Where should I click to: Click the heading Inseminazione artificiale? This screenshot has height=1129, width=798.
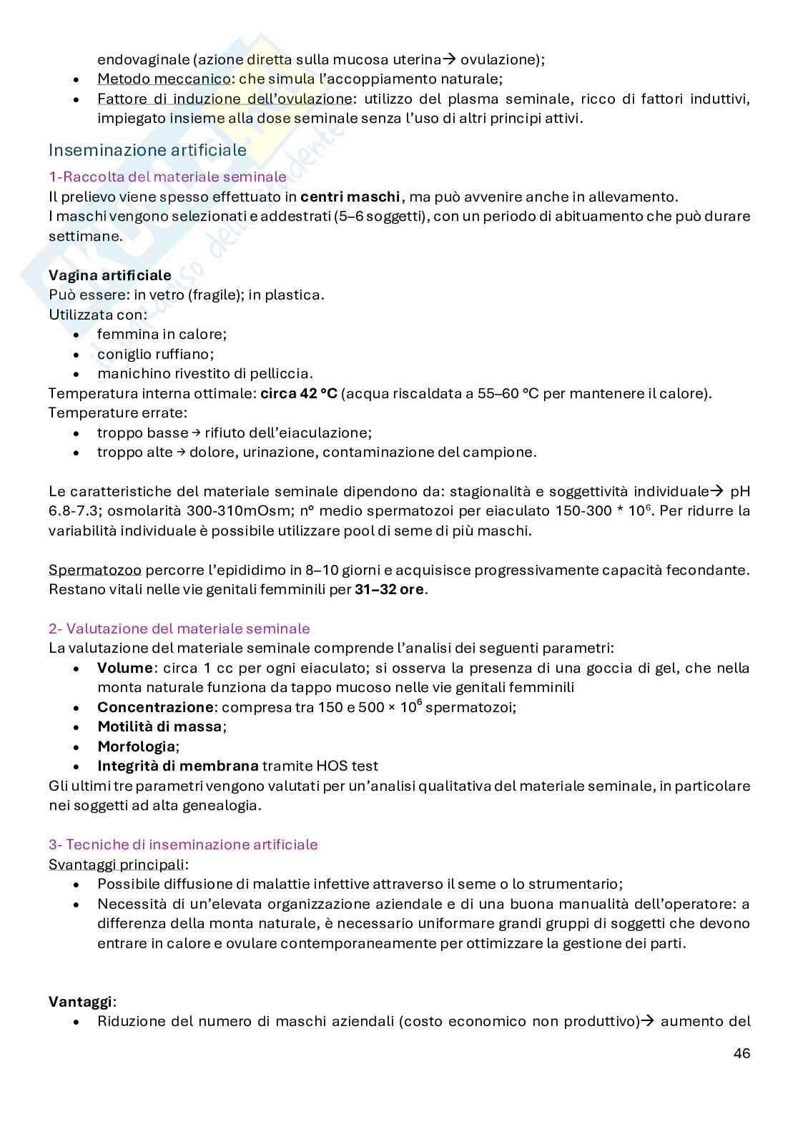tap(147, 150)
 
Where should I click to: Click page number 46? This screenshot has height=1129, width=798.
tap(742, 1053)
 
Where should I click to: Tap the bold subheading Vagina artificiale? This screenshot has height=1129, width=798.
tap(109, 275)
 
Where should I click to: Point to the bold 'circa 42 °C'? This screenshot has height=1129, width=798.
tap(298, 393)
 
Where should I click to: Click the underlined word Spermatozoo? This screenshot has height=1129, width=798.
tap(95, 570)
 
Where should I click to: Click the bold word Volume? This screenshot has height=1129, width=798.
tap(124, 668)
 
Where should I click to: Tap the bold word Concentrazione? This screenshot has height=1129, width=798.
tap(155, 707)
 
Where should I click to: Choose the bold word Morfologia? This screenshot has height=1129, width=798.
tap(136, 746)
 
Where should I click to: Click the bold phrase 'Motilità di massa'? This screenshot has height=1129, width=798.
tap(159, 726)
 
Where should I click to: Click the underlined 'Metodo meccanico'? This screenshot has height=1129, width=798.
tap(153, 79)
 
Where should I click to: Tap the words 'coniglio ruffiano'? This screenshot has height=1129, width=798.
tap(154, 354)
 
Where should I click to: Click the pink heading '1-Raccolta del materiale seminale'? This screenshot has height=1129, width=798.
tap(167, 177)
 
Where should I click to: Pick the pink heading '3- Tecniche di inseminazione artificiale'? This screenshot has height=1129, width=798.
tap(183, 844)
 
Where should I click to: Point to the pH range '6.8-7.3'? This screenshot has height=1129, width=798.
tap(73, 511)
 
